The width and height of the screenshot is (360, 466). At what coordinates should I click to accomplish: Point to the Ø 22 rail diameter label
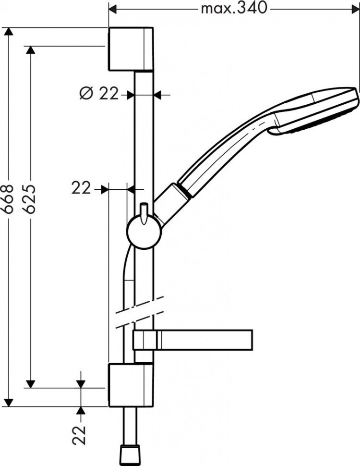99,94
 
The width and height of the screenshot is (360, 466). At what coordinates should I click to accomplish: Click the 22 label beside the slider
81,189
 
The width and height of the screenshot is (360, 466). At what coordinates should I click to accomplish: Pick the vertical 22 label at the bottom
81,434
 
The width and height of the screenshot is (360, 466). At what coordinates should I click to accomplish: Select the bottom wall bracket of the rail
131,384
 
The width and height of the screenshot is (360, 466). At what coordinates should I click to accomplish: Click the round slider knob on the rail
144,232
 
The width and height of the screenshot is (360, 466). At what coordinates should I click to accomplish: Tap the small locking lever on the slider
144,212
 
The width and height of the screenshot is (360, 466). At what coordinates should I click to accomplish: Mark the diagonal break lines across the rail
139,313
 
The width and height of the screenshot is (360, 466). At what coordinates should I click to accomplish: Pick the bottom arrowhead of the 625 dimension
30,383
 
